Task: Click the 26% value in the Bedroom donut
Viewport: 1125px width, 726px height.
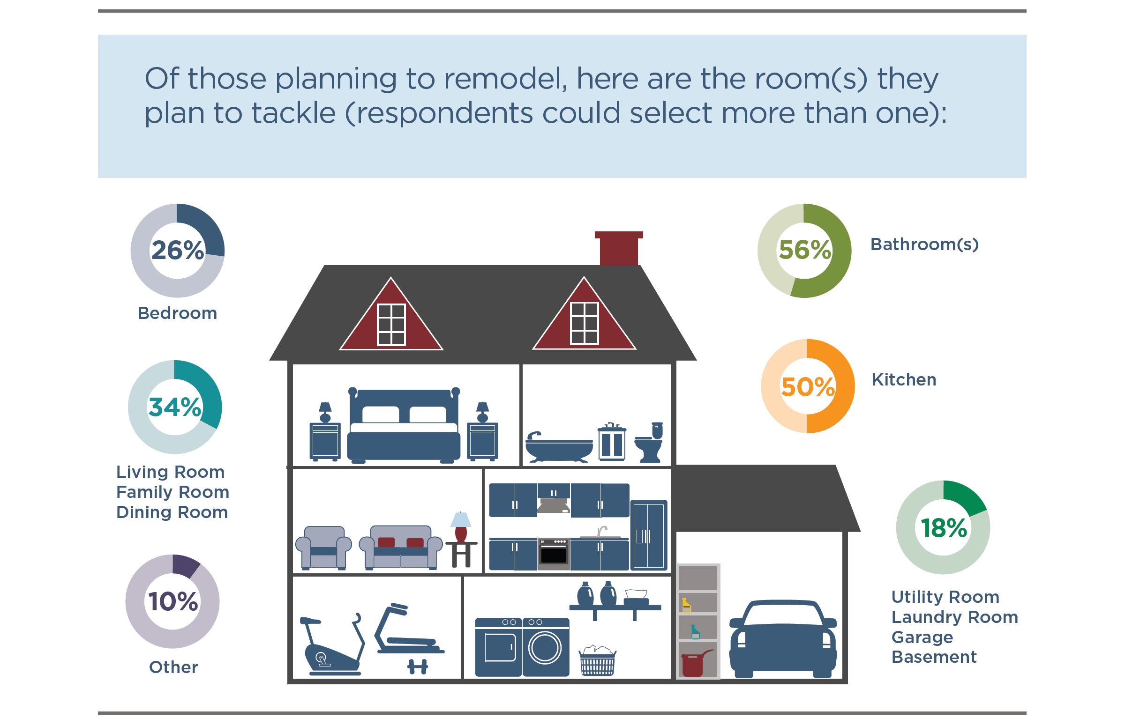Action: [x=177, y=250]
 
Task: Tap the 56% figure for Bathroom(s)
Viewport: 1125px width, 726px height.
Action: [x=805, y=250]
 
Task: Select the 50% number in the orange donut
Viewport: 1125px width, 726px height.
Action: [x=808, y=386]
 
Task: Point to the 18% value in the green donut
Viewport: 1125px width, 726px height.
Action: [x=944, y=527]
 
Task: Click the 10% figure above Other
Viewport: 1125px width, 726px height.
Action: [x=173, y=601]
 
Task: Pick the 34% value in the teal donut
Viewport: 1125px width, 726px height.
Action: [x=174, y=407]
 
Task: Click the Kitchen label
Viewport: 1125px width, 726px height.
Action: [x=904, y=379]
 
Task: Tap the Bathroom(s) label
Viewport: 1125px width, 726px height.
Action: [x=924, y=244]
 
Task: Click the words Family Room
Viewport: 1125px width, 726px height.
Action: [x=172, y=492]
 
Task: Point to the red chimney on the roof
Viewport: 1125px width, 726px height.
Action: [x=618, y=248]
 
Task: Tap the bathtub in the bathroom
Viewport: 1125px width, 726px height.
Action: [x=559, y=447]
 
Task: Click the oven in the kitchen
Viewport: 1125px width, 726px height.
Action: [x=553, y=555]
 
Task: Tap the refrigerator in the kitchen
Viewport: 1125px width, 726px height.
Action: [x=649, y=535]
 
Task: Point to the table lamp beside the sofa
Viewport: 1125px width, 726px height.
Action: [x=460, y=527]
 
